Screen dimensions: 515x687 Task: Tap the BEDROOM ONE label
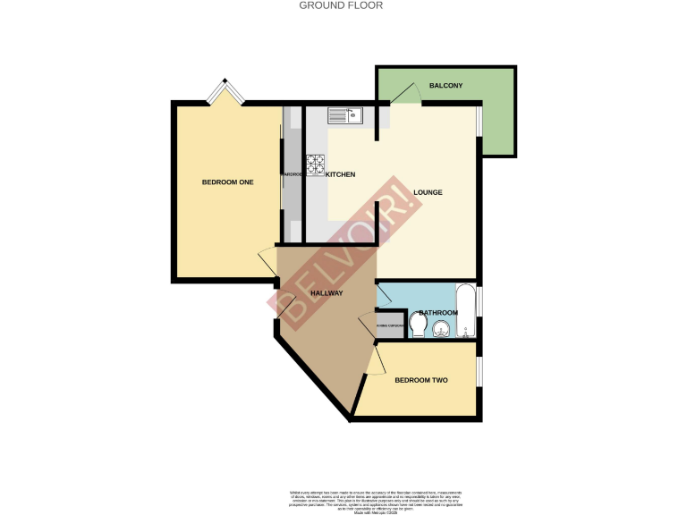(227, 182)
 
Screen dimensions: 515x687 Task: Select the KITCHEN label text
(341, 174)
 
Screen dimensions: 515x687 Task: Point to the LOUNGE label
(428, 193)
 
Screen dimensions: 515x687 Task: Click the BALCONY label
(445, 86)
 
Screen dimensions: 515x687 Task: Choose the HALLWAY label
(327, 293)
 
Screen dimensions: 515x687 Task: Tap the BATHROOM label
(438, 313)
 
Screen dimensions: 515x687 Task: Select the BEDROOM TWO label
(420, 381)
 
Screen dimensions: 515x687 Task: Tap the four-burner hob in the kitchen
(316, 165)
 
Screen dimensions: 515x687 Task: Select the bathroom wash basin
(440, 333)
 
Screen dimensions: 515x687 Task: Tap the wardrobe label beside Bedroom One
(292, 174)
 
